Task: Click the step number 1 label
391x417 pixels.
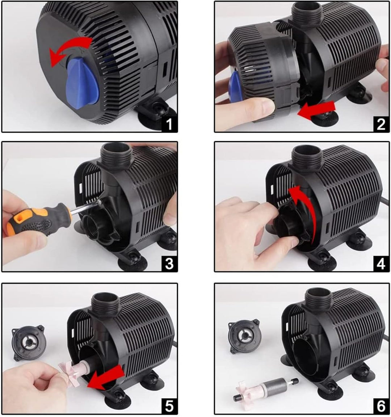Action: coord(169,124)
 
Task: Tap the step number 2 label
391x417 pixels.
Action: coord(381,124)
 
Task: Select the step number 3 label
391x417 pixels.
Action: coord(169,264)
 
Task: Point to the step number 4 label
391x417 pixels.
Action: coord(381,264)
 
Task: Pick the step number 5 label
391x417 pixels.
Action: coord(169,406)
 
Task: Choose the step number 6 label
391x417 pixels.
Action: coord(381,406)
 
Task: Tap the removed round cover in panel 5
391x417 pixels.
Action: coord(29,343)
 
